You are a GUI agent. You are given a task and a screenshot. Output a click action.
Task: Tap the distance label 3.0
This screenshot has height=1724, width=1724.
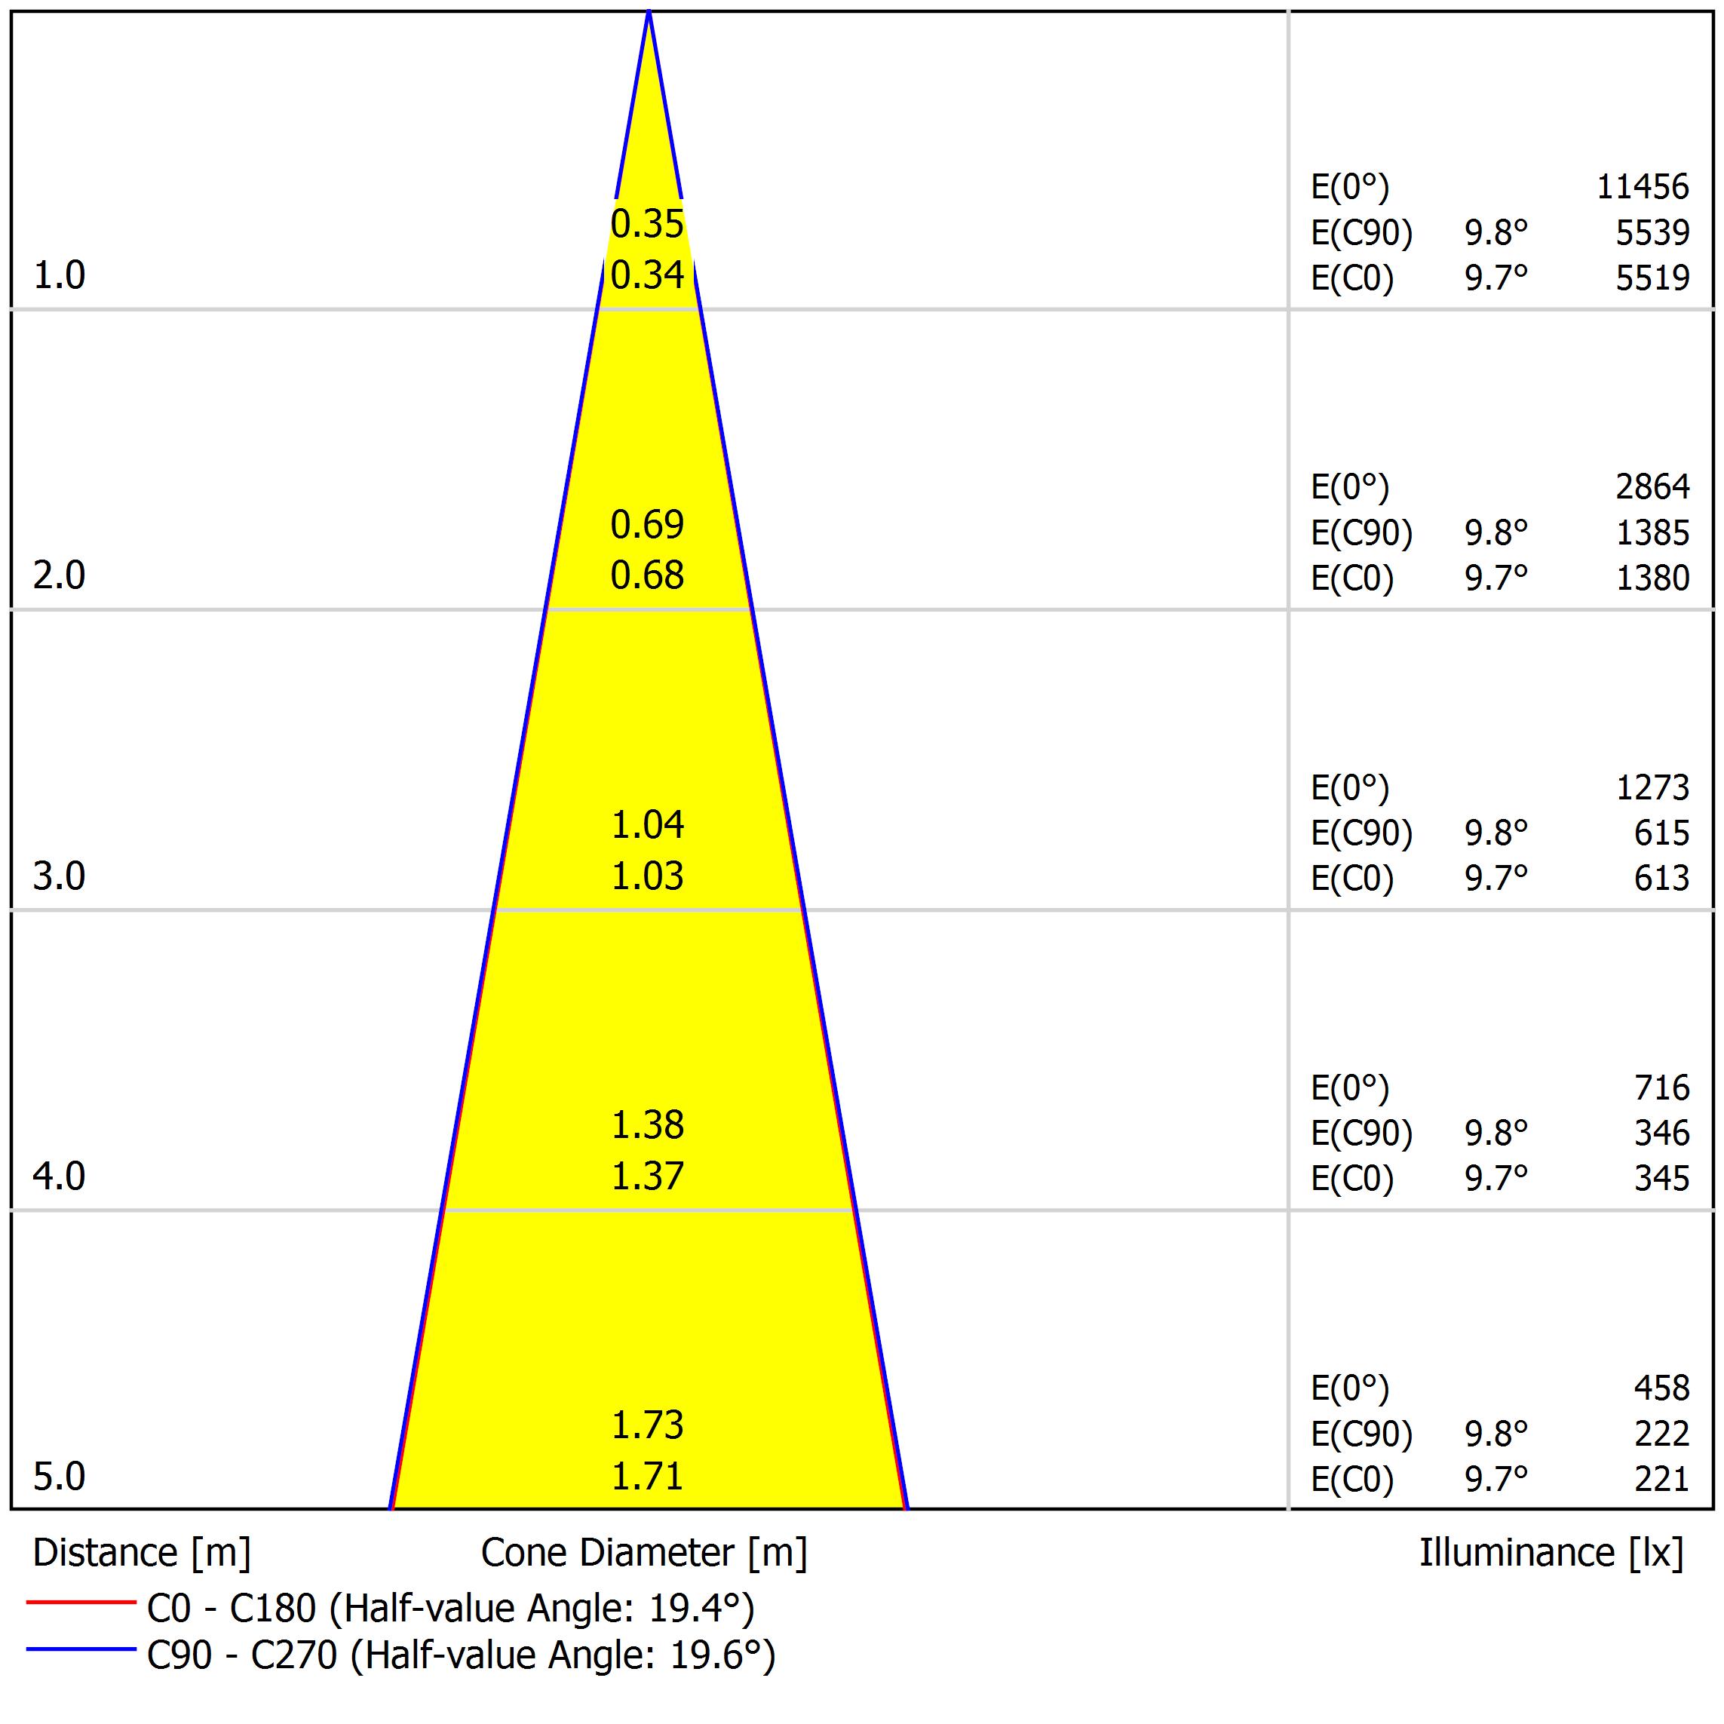[x=59, y=876]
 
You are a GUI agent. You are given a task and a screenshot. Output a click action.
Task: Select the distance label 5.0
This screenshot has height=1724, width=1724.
[x=59, y=1477]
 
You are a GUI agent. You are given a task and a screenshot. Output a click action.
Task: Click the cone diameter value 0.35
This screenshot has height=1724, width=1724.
[x=647, y=224]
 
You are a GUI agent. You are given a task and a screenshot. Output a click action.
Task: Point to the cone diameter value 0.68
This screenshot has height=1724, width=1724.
[x=647, y=575]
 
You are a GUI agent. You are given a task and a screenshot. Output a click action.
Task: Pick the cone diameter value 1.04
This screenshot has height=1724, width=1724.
[x=647, y=824]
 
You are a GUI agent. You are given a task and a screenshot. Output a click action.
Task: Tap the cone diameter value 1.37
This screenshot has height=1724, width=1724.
[x=647, y=1176]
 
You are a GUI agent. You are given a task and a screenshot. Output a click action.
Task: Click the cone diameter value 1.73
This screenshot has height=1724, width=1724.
[x=647, y=1425]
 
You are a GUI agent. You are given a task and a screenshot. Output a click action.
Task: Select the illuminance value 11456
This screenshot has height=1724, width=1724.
[x=1642, y=186]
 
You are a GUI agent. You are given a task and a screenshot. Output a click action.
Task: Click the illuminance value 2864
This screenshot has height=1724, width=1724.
[x=1652, y=486]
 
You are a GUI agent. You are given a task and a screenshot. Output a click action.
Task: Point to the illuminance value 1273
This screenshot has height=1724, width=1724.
[x=1652, y=787]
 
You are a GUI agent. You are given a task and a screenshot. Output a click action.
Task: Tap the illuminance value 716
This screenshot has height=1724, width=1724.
[x=1661, y=1087]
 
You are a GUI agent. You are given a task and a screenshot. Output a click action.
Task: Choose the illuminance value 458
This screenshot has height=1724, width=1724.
[x=1661, y=1388]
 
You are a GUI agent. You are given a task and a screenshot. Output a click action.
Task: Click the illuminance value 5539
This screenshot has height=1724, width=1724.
[x=1652, y=232]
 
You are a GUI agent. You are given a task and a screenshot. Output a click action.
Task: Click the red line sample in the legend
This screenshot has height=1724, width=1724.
[x=80, y=1603]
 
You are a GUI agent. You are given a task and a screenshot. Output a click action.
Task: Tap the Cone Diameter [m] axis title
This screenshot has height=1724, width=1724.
[x=643, y=1553]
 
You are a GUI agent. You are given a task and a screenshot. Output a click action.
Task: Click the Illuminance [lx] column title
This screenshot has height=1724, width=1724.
[x=1551, y=1553]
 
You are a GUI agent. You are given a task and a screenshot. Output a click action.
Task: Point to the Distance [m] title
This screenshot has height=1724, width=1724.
[x=142, y=1553]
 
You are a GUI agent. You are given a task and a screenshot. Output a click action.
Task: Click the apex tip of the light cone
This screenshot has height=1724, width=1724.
[x=649, y=13]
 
